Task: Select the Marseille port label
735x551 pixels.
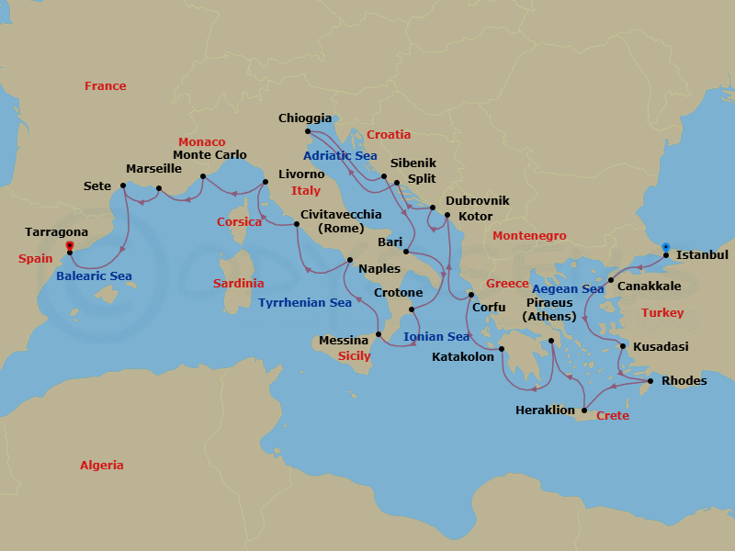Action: [x=153, y=170]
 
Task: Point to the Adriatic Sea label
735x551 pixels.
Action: [x=340, y=156]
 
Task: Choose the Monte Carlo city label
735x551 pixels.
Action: [x=209, y=155]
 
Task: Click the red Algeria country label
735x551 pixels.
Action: [x=101, y=466]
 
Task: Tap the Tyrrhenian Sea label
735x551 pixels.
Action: [x=305, y=303]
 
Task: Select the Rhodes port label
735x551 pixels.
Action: [x=684, y=381]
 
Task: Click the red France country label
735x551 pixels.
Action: [x=106, y=86]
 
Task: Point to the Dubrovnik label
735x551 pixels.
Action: [x=477, y=201]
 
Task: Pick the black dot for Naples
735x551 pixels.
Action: [x=350, y=260]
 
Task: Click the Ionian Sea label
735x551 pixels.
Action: [x=436, y=337]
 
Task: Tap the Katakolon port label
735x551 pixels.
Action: [x=462, y=357]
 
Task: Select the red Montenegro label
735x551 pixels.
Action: [x=529, y=237]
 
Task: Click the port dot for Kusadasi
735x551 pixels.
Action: [x=624, y=347]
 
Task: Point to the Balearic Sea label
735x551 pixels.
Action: [x=94, y=276]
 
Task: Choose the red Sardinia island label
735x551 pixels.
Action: [x=238, y=284]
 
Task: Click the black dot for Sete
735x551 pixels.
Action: [x=123, y=186]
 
